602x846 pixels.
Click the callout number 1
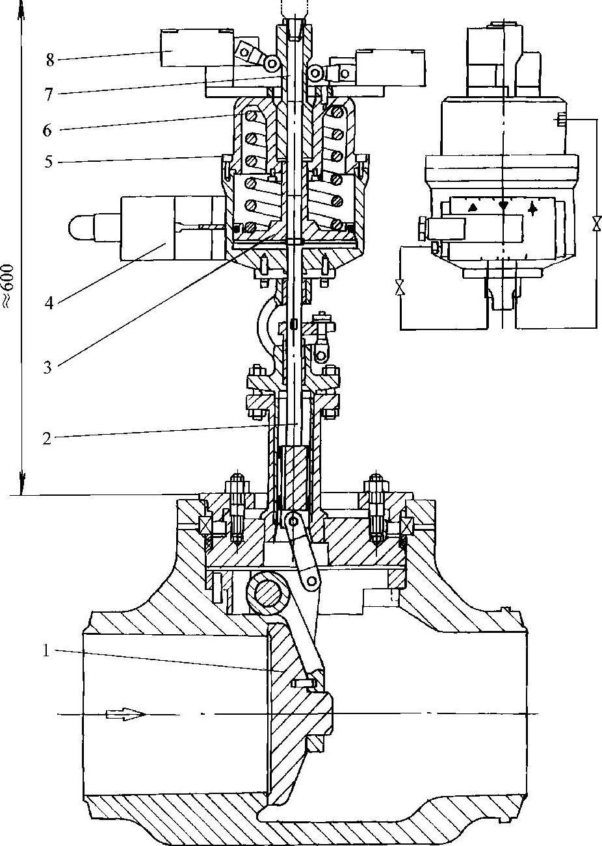click(46, 650)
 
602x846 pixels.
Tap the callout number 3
click(47, 366)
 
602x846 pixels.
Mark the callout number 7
click(47, 94)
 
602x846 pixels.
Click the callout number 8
click(49, 61)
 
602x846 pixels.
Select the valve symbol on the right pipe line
click(595, 223)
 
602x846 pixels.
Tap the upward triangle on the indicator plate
click(474, 206)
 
